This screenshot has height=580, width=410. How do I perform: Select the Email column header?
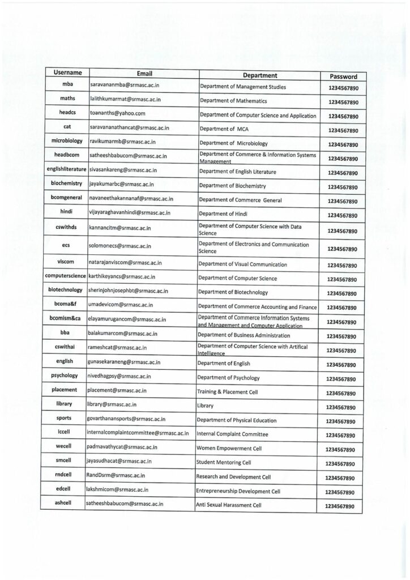coord(145,74)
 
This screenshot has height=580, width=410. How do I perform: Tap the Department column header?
coord(259,75)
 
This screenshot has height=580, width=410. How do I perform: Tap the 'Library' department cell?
coord(205,406)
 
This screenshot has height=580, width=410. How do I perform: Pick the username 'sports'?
coord(64,419)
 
